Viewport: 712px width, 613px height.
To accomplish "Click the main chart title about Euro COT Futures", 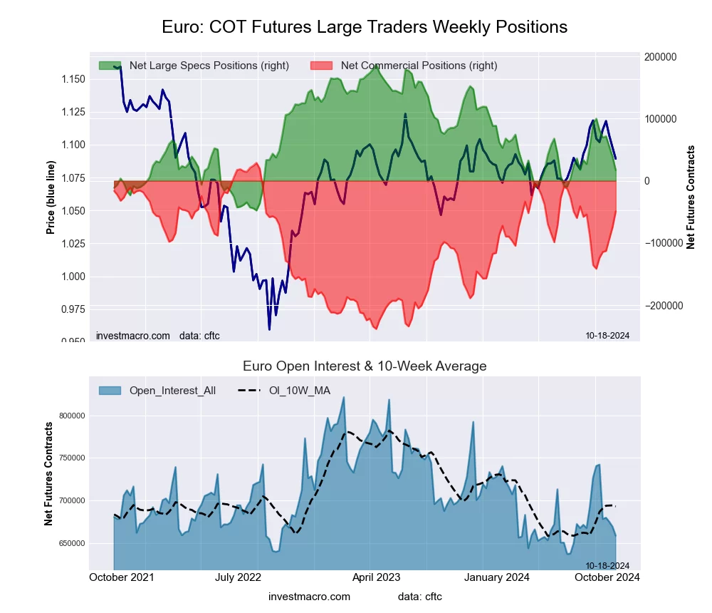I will pyautogui.click(x=364, y=27).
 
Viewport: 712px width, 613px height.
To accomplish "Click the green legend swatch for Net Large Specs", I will pyautogui.click(x=110, y=66).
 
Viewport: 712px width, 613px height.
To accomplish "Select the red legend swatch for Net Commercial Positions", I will pyautogui.click(x=322, y=66).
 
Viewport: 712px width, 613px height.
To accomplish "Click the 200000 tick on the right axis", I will pyautogui.click(x=660, y=57).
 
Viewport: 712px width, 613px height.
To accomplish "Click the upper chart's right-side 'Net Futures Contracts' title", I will pyautogui.click(x=690, y=197).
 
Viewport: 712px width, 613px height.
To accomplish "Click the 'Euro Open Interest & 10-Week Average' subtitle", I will pyautogui.click(x=364, y=366).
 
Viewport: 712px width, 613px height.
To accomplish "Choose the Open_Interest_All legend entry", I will pyautogui.click(x=157, y=390).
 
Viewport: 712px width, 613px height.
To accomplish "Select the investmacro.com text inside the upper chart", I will pyautogui.click(x=133, y=336).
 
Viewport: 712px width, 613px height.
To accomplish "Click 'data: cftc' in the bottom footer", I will pyautogui.click(x=420, y=596).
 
